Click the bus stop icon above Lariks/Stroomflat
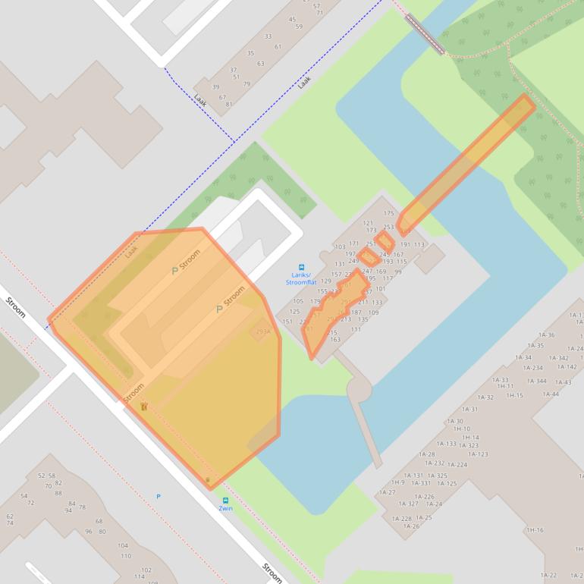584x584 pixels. pos(301,268)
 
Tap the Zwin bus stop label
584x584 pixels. pos(225,508)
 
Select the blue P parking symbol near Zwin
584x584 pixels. pos(159,497)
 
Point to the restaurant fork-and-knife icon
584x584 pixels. pos(143,407)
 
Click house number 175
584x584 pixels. pos(389,214)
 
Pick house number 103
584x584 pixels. pos(340,247)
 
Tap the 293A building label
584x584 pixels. pos(262,332)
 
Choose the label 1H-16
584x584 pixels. pos(535,530)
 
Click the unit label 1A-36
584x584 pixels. pos(546,334)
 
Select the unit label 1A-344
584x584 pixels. pos(537,381)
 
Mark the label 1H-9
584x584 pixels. pos(397,482)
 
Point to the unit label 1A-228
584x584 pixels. pos(401,519)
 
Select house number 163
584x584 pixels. pos(335,339)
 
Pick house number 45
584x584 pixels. pos(293,20)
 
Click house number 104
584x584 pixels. pos(123,545)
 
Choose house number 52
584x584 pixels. pos(42,476)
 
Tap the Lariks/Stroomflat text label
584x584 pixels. pos(301,279)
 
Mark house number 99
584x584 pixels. pos(398,272)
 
